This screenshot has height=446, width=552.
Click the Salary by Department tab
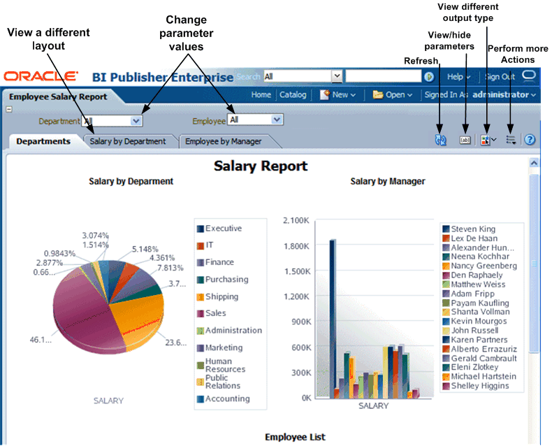pyautogui.click(x=128, y=141)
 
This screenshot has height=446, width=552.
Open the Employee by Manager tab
pyautogui.click(x=223, y=141)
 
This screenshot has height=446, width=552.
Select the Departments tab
pyautogui.click(x=43, y=141)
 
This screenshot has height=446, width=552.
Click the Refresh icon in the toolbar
pyautogui.click(x=440, y=140)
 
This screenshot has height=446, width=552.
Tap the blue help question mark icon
pyautogui.click(x=530, y=140)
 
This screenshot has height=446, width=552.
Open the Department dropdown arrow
pyautogui.click(x=136, y=120)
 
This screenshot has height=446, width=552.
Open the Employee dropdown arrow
pyautogui.click(x=277, y=120)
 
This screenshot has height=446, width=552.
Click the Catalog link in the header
pyautogui.click(x=293, y=94)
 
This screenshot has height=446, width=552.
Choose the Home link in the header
pyautogui.click(x=261, y=94)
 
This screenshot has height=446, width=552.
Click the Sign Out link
pyautogui.click(x=500, y=77)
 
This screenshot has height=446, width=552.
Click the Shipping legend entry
pyautogui.click(x=221, y=296)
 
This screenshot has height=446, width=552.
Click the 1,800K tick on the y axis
pyautogui.click(x=296, y=246)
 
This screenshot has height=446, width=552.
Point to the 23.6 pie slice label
pyautogui.click(x=175, y=343)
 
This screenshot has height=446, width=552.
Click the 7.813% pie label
pyautogui.click(x=170, y=268)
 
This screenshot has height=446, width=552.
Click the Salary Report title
pyautogui.click(x=261, y=166)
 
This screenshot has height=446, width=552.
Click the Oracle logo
pyautogui.click(x=41, y=76)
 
